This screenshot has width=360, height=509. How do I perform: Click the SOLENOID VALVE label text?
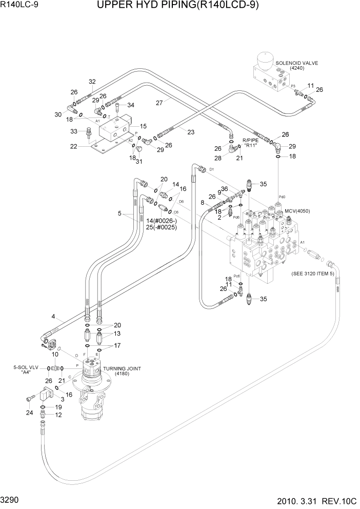[x=297, y=63]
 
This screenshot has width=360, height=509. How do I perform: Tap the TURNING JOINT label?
[x=122, y=369]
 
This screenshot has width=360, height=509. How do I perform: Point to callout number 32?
[x=92, y=82]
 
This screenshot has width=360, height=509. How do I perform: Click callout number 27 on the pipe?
[x=159, y=103]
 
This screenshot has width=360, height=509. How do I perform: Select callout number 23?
[x=191, y=132]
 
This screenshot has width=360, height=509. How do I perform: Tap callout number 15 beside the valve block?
[x=143, y=126]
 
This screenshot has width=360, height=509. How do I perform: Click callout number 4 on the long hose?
[x=53, y=317]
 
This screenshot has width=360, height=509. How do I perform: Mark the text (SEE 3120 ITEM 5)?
[x=312, y=273]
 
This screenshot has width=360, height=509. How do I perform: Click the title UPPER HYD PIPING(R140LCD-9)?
[x=184, y=6]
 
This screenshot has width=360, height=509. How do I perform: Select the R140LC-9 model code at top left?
[x=17, y=6]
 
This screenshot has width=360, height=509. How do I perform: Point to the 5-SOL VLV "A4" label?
[x=25, y=370]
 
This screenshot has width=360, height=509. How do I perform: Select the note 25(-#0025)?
[x=161, y=227]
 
